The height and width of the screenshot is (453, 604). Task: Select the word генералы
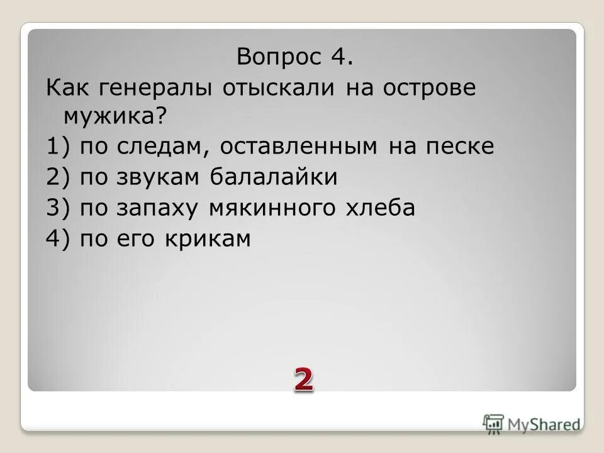148,87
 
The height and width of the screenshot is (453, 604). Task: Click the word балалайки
274,177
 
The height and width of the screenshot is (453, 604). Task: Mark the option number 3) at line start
57,208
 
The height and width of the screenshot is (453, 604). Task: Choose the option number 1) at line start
57,147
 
